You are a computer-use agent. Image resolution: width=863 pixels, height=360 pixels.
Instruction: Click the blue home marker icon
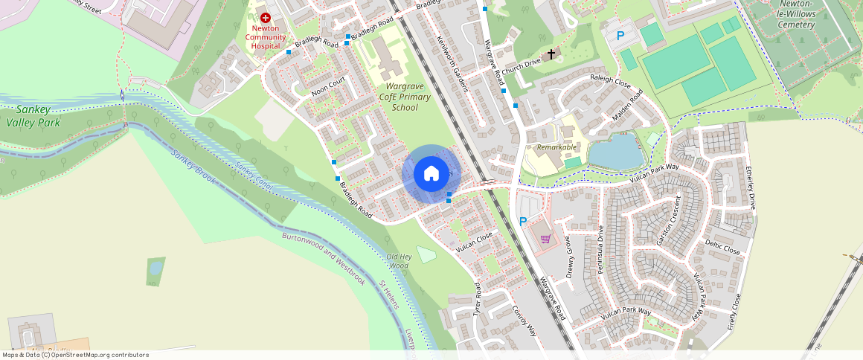[431, 174]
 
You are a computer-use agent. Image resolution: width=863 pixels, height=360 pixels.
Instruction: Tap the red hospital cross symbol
[265, 17]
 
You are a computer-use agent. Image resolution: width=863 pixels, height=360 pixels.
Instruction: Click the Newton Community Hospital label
[265, 36]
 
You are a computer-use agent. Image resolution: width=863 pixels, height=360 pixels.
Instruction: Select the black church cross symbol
[551, 54]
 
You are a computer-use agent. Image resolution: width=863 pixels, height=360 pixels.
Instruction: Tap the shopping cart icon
[545, 239]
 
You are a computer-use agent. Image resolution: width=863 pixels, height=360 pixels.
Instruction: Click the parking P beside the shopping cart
[523, 221]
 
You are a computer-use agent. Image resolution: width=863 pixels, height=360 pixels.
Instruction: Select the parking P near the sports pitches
[620, 35]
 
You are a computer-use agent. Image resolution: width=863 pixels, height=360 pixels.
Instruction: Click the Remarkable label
[557, 147]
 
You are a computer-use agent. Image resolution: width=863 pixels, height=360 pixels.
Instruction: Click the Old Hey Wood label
[398, 260]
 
